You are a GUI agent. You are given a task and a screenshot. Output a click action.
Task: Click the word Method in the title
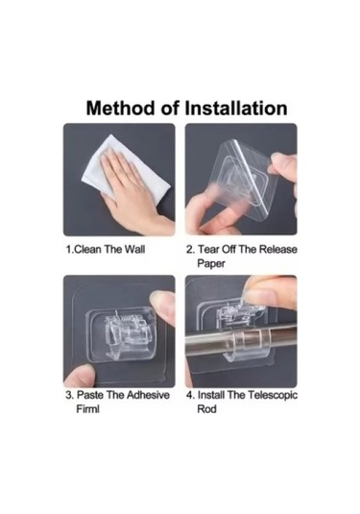[x=120, y=108]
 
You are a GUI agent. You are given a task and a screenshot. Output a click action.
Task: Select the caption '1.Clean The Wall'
[x=106, y=250]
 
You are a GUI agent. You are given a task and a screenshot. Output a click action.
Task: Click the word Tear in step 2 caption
[x=208, y=250]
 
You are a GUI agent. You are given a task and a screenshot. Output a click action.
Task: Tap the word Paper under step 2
[x=211, y=263]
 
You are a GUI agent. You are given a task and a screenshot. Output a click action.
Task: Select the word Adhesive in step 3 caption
[x=148, y=395]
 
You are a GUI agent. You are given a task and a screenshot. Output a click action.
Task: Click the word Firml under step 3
[x=87, y=409]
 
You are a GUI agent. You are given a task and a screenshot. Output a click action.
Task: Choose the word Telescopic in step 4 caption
[x=273, y=395]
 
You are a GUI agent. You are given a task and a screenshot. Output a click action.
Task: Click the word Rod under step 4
[x=206, y=409]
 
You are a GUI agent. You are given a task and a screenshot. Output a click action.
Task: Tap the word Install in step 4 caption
[x=211, y=395]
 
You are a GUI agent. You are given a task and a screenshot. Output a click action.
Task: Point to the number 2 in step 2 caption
[x=190, y=250]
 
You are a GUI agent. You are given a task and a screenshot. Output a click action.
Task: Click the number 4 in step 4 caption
[x=190, y=395]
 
